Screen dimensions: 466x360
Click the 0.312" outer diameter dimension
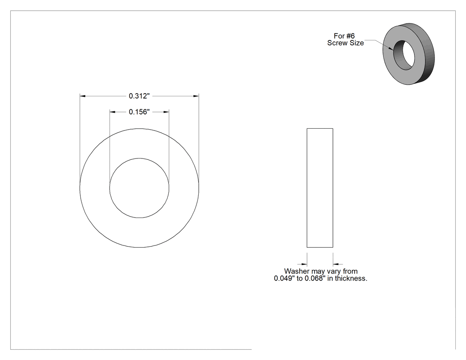coord(139,96)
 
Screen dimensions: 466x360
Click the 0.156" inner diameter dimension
coord(139,112)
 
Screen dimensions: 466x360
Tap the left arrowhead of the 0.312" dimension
coord(83,96)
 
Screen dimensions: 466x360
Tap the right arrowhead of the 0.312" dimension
coord(196,96)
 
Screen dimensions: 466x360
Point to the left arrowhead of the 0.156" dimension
coord(112,112)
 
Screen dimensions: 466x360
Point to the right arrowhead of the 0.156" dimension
coord(166,112)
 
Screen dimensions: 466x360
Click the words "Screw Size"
coord(345,43)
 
